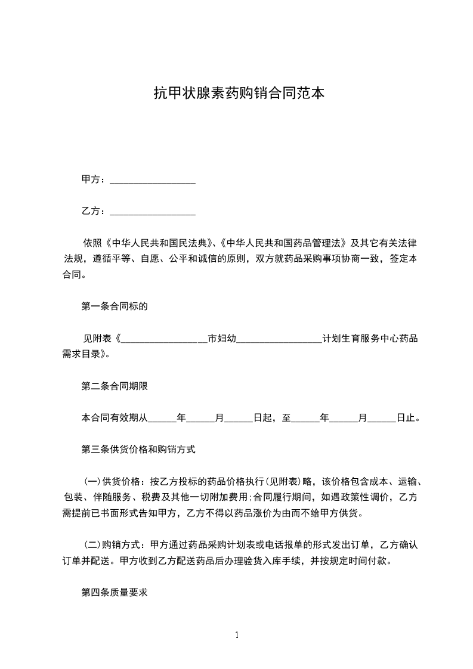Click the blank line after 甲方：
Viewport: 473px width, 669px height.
(153, 179)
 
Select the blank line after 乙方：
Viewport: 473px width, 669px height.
(153, 211)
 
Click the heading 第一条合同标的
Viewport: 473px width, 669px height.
(114, 306)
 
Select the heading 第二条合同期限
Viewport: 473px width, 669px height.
(114, 386)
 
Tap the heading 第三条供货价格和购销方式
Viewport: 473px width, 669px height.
(138, 450)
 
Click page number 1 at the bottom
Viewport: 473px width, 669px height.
(237, 635)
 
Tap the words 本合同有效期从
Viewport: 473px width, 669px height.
(114, 418)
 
